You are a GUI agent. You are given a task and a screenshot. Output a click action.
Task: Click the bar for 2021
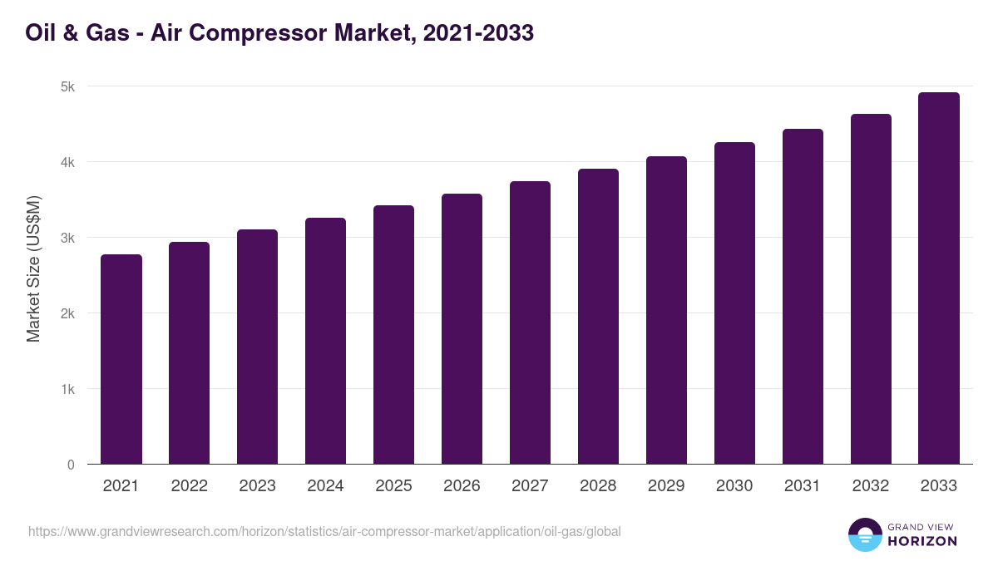121,359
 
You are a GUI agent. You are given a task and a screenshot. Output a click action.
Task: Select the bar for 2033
939,278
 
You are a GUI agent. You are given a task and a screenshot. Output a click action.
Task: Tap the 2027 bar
530,322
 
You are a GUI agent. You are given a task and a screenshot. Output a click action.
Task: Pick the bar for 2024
325,341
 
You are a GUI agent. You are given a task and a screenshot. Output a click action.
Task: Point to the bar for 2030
734,303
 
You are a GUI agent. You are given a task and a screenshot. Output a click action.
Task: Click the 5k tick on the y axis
67,86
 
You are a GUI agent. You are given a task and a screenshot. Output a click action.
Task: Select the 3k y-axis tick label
67,238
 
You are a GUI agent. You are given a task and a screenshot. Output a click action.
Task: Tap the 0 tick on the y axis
71,465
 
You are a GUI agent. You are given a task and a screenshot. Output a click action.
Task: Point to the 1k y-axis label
67,389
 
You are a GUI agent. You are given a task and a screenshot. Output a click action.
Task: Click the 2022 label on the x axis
189,486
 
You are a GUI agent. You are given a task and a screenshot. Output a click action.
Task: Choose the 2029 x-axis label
666,486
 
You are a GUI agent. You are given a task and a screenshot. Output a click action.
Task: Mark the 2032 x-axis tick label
871,486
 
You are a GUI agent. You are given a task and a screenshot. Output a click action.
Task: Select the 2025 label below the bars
393,486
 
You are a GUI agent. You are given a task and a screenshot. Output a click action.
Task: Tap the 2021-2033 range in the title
477,33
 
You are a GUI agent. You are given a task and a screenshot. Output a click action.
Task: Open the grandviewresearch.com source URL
324,531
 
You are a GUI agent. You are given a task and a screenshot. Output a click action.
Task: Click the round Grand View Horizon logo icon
865,534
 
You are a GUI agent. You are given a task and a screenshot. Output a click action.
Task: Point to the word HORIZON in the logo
921,541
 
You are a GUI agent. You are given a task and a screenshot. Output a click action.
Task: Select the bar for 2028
598,317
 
